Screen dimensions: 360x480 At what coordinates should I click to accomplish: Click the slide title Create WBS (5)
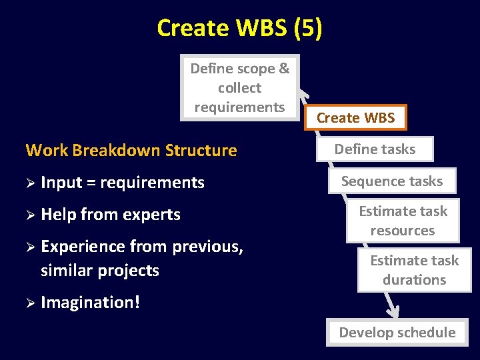239,28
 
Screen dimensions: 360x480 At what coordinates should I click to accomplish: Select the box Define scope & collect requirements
239,87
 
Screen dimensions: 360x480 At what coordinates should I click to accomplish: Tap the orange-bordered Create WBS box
356,118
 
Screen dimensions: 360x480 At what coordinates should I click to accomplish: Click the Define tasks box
375,149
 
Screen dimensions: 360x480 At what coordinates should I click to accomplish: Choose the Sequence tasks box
392,181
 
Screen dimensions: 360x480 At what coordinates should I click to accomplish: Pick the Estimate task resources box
403,221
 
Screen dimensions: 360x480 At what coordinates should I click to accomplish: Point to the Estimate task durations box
414,270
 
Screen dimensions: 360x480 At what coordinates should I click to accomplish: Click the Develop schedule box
397,332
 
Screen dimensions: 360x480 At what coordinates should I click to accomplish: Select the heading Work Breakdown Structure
131,150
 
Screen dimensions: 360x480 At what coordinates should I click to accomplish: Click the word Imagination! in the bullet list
90,303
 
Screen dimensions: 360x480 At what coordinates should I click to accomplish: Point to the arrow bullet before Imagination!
30,303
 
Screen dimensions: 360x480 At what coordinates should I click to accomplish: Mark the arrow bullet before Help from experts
30,215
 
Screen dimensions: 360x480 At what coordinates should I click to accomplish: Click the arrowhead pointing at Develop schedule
394,311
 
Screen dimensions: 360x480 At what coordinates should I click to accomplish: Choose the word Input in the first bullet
58,183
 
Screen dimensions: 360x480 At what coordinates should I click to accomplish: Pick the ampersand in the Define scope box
283,69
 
